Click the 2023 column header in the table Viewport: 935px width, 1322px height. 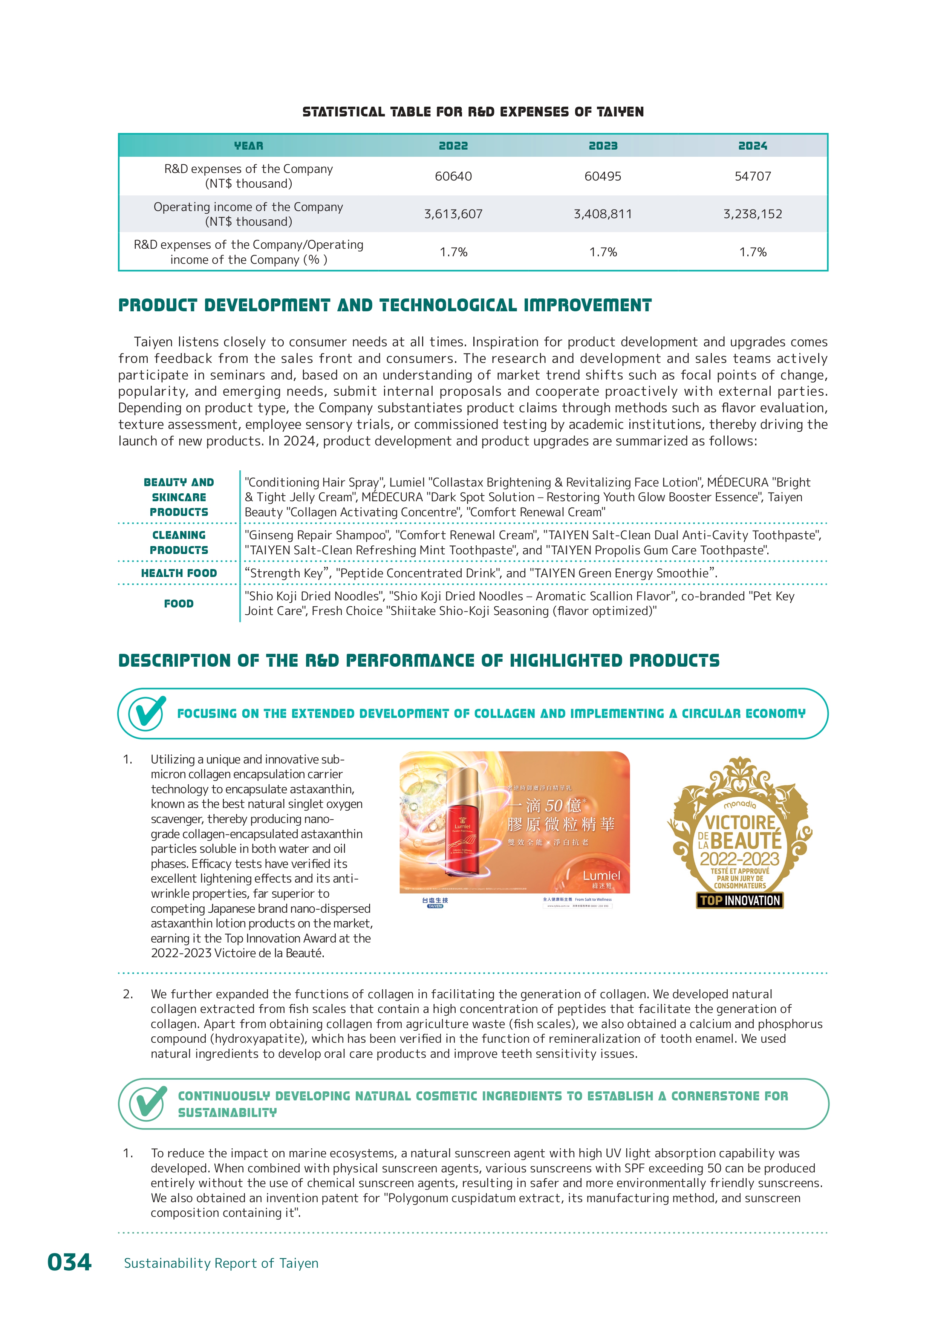point(603,146)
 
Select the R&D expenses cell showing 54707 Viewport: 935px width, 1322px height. point(753,176)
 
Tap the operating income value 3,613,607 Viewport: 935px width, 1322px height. point(453,214)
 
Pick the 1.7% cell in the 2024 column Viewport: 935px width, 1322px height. point(753,252)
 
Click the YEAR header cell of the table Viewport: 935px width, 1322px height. point(248,146)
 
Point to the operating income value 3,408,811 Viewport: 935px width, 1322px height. point(603,214)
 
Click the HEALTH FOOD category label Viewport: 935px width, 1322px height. point(179,573)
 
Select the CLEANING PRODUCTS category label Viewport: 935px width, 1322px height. point(179,542)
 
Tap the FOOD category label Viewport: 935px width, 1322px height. point(179,603)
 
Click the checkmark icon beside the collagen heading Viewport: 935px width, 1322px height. point(147,713)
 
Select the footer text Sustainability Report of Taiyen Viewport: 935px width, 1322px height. point(221,1263)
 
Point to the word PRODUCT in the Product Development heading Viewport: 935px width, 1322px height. point(157,305)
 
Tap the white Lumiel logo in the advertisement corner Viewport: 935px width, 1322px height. point(601,876)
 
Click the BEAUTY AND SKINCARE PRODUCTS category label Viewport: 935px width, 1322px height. point(179,497)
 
